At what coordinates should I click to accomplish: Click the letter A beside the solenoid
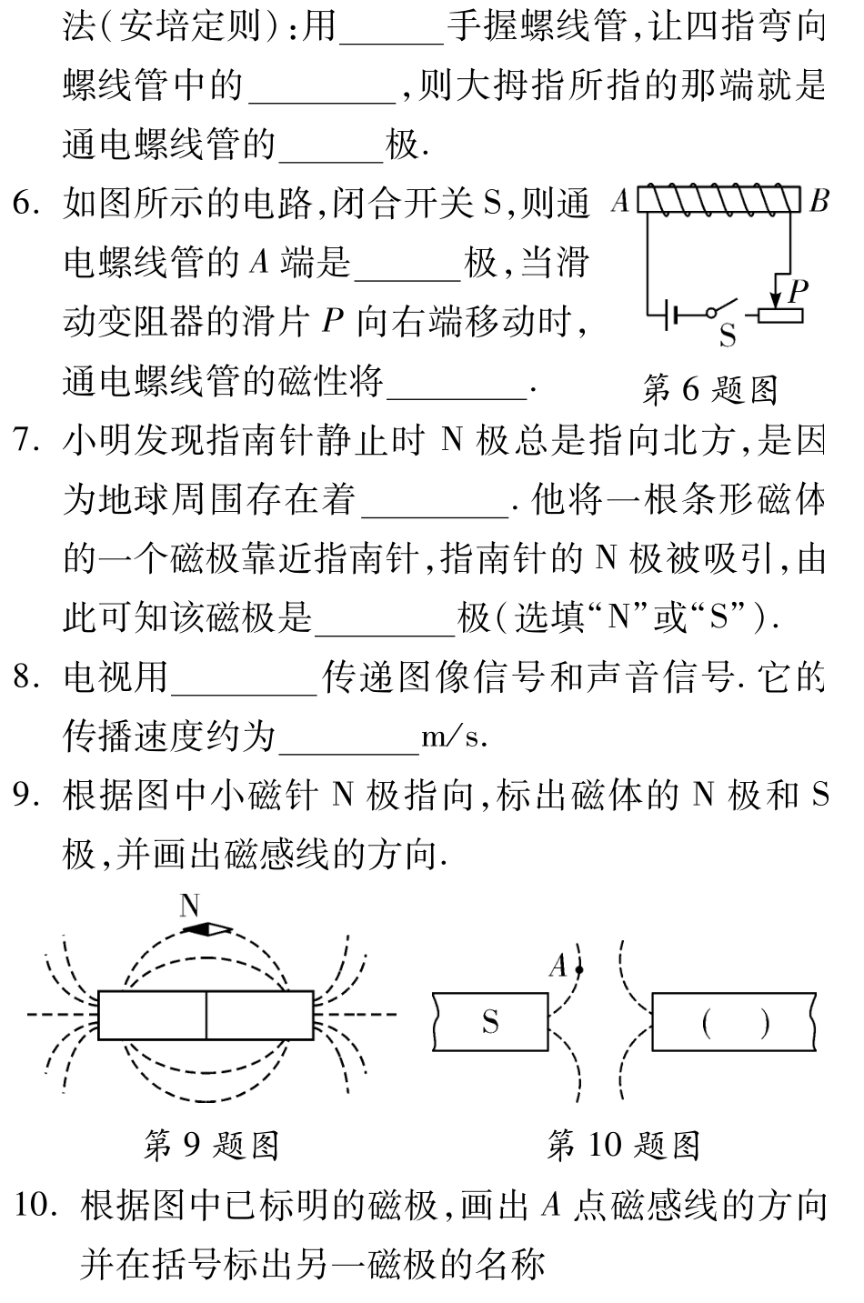pos(620,201)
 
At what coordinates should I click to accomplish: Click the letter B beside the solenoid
pos(819,201)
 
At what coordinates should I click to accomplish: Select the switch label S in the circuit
pos(728,336)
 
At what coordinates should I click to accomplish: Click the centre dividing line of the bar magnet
pos(206,1015)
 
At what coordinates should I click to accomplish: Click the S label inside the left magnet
pos(490,1023)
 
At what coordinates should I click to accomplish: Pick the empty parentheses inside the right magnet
pos(736,1024)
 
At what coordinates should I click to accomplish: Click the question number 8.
pos(25,678)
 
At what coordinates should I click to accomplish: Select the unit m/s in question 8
pos(454,737)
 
